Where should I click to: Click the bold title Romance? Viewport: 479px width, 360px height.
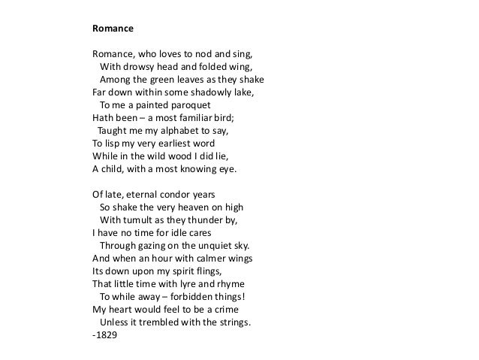click(113, 30)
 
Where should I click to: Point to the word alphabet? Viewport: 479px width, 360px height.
click(170, 130)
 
